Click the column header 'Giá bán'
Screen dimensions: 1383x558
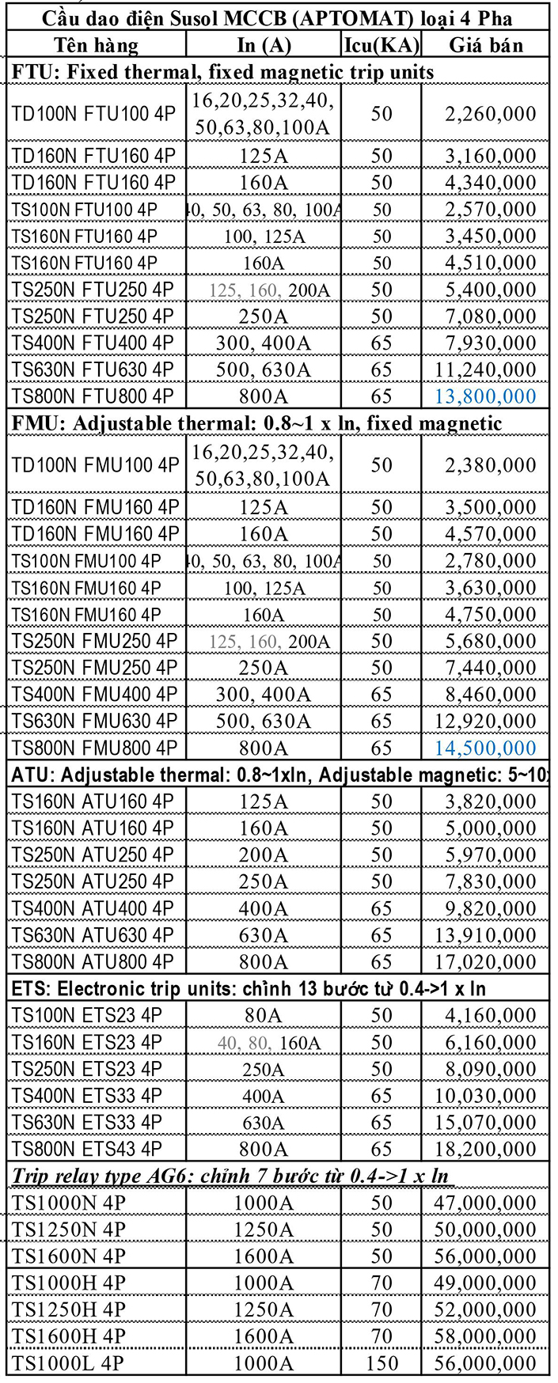click(x=485, y=45)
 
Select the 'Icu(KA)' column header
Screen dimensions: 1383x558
click(x=381, y=45)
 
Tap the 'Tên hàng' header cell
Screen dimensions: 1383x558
click(x=96, y=45)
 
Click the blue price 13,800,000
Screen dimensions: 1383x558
click(x=491, y=396)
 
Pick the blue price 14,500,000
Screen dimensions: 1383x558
click(x=491, y=748)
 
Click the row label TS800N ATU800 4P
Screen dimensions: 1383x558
click(x=93, y=961)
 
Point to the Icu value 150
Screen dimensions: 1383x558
click(x=381, y=1362)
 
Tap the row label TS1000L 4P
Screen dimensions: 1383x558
click(x=69, y=1362)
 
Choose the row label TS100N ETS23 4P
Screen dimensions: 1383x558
click(x=86, y=1015)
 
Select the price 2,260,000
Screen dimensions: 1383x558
click(x=491, y=114)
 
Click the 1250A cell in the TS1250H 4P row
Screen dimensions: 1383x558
click(x=264, y=1309)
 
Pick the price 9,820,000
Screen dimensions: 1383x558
click(x=491, y=908)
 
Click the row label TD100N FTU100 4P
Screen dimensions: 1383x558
click(x=93, y=114)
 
